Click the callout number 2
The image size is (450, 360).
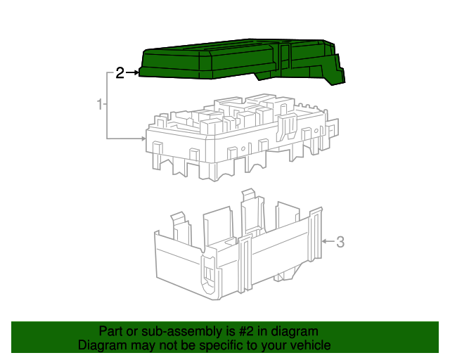coord(120,73)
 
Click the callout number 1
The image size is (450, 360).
coord(100,105)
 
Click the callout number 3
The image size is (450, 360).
coord(340,243)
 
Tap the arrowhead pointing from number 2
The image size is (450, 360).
coord(135,72)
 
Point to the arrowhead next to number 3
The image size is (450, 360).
coord(325,242)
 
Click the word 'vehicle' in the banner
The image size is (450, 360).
coord(310,345)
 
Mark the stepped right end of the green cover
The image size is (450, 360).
coord(336,71)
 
